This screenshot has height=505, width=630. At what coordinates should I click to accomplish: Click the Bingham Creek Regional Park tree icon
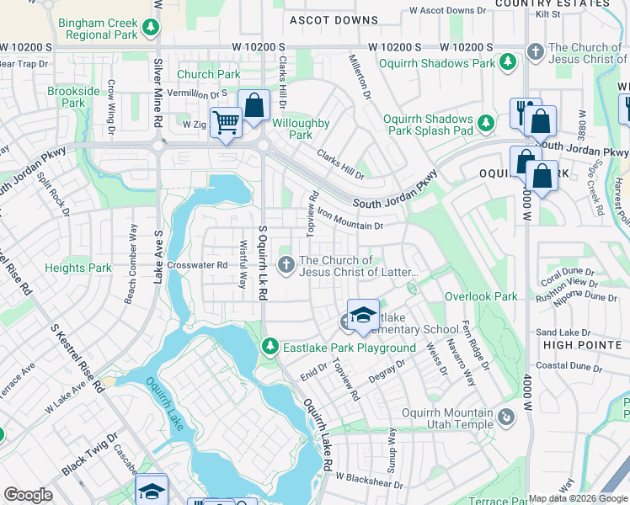coord(150,28)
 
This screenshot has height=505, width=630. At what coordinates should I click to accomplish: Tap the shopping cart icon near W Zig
coord(225,123)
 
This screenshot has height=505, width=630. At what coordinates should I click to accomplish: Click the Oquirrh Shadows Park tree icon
coord(508,62)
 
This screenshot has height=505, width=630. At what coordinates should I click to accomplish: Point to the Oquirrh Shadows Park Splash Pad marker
coord(486,124)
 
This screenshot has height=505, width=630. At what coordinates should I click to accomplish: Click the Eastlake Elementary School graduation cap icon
coord(363,315)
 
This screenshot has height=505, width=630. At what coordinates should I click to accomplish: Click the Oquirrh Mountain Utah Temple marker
coord(505,417)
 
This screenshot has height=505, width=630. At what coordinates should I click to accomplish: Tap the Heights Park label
coord(77,268)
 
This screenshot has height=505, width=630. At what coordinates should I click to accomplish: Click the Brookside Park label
coord(67,97)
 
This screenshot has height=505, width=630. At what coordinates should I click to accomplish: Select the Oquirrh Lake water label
coord(164,404)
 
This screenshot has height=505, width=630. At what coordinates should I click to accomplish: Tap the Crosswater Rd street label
coord(198,264)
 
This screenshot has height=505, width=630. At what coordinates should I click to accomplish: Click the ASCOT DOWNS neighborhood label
coord(334,19)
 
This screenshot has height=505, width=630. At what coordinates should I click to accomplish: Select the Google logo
coord(28,495)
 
